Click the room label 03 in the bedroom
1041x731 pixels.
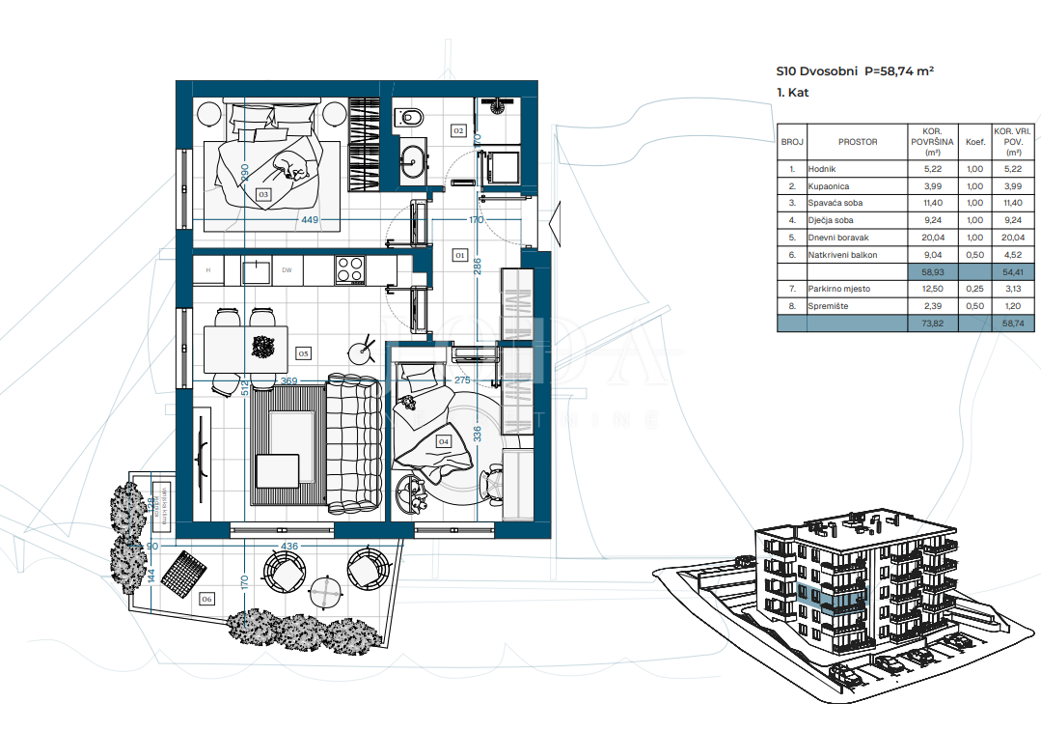(x=262, y=194)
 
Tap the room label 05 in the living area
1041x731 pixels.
(x=303, y=353)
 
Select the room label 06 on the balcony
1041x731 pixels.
(x=205, y=599)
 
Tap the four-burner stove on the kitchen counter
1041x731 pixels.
(x=350, y=269)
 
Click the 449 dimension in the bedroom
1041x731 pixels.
(x=309, y=220)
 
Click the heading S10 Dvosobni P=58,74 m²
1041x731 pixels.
(x=855, y=71)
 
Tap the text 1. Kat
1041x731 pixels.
(x=792, y=94)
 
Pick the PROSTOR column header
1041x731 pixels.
(x=858, y=142)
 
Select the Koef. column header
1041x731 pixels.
(x=975, y=142)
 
